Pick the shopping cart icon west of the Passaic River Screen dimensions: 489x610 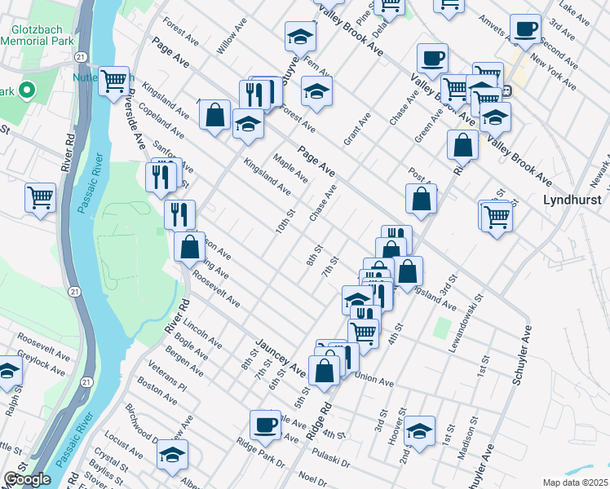(40, 197)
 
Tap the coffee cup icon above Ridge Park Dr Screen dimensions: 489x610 (265, 424)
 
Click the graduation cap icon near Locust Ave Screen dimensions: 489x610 (172, 454)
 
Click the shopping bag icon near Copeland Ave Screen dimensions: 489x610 (215, 115)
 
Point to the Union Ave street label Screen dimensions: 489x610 (374, 380)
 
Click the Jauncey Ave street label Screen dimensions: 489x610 (281, 359)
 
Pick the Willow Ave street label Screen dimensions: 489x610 (231, 38)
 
